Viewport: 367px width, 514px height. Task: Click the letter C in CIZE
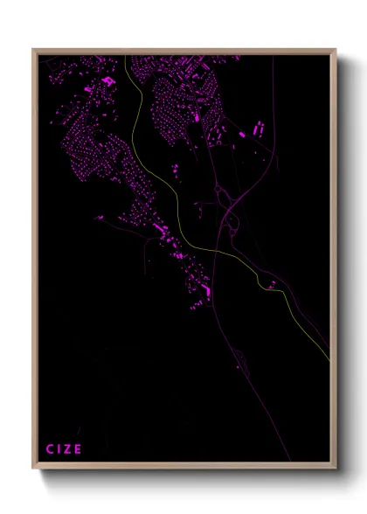point(50,449)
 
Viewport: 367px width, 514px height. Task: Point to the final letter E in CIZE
point(79,449)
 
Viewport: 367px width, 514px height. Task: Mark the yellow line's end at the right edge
point(329,358)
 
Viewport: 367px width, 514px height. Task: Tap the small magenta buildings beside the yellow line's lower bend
point(273,284)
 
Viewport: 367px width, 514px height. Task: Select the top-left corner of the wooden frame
point(34,50)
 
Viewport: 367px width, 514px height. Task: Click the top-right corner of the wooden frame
point(336,50)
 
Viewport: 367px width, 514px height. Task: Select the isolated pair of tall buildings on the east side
point(258,128)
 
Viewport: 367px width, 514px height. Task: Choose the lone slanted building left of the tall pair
point(242,135)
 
